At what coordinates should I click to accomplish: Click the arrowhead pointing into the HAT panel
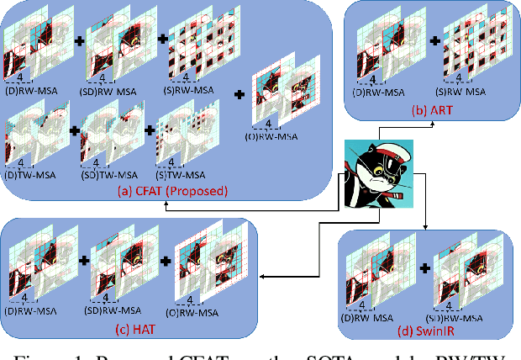coord(259,275)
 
